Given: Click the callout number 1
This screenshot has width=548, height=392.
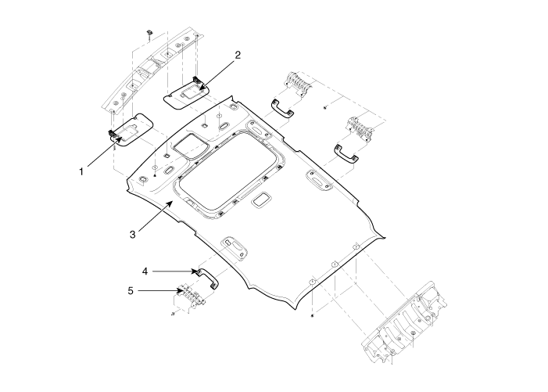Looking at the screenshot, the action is click(x=81, y=172).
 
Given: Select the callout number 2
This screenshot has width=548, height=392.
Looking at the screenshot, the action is click(x=238, y=56).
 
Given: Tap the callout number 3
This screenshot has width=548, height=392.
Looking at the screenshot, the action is click(x=132, y=234).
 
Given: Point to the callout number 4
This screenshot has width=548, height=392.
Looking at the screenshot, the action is click(x=145, y=272).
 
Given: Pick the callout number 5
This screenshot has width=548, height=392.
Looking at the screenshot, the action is click(x=131, y=291).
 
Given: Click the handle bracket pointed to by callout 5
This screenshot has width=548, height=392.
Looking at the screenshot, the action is click(x=189, y=297).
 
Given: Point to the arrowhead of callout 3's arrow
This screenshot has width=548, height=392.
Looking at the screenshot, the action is click(x=171, y=203).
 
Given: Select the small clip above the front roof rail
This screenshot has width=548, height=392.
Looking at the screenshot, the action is click(x=149, y=33).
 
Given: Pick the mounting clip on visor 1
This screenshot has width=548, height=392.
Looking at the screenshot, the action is click(x=112, y=133).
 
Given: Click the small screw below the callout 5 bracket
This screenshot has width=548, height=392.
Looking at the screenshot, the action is click(x=173, y=314).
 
